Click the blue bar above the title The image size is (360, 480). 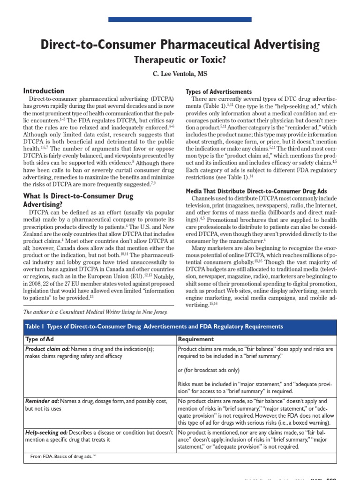(x=180, y=19)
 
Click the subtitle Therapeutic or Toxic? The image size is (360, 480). (x=180, y=60)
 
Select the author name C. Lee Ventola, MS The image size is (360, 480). (x=180, y=74)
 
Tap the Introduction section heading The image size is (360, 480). (x=44, y=91)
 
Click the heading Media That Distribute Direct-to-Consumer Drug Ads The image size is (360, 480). (x=256, y=192)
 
